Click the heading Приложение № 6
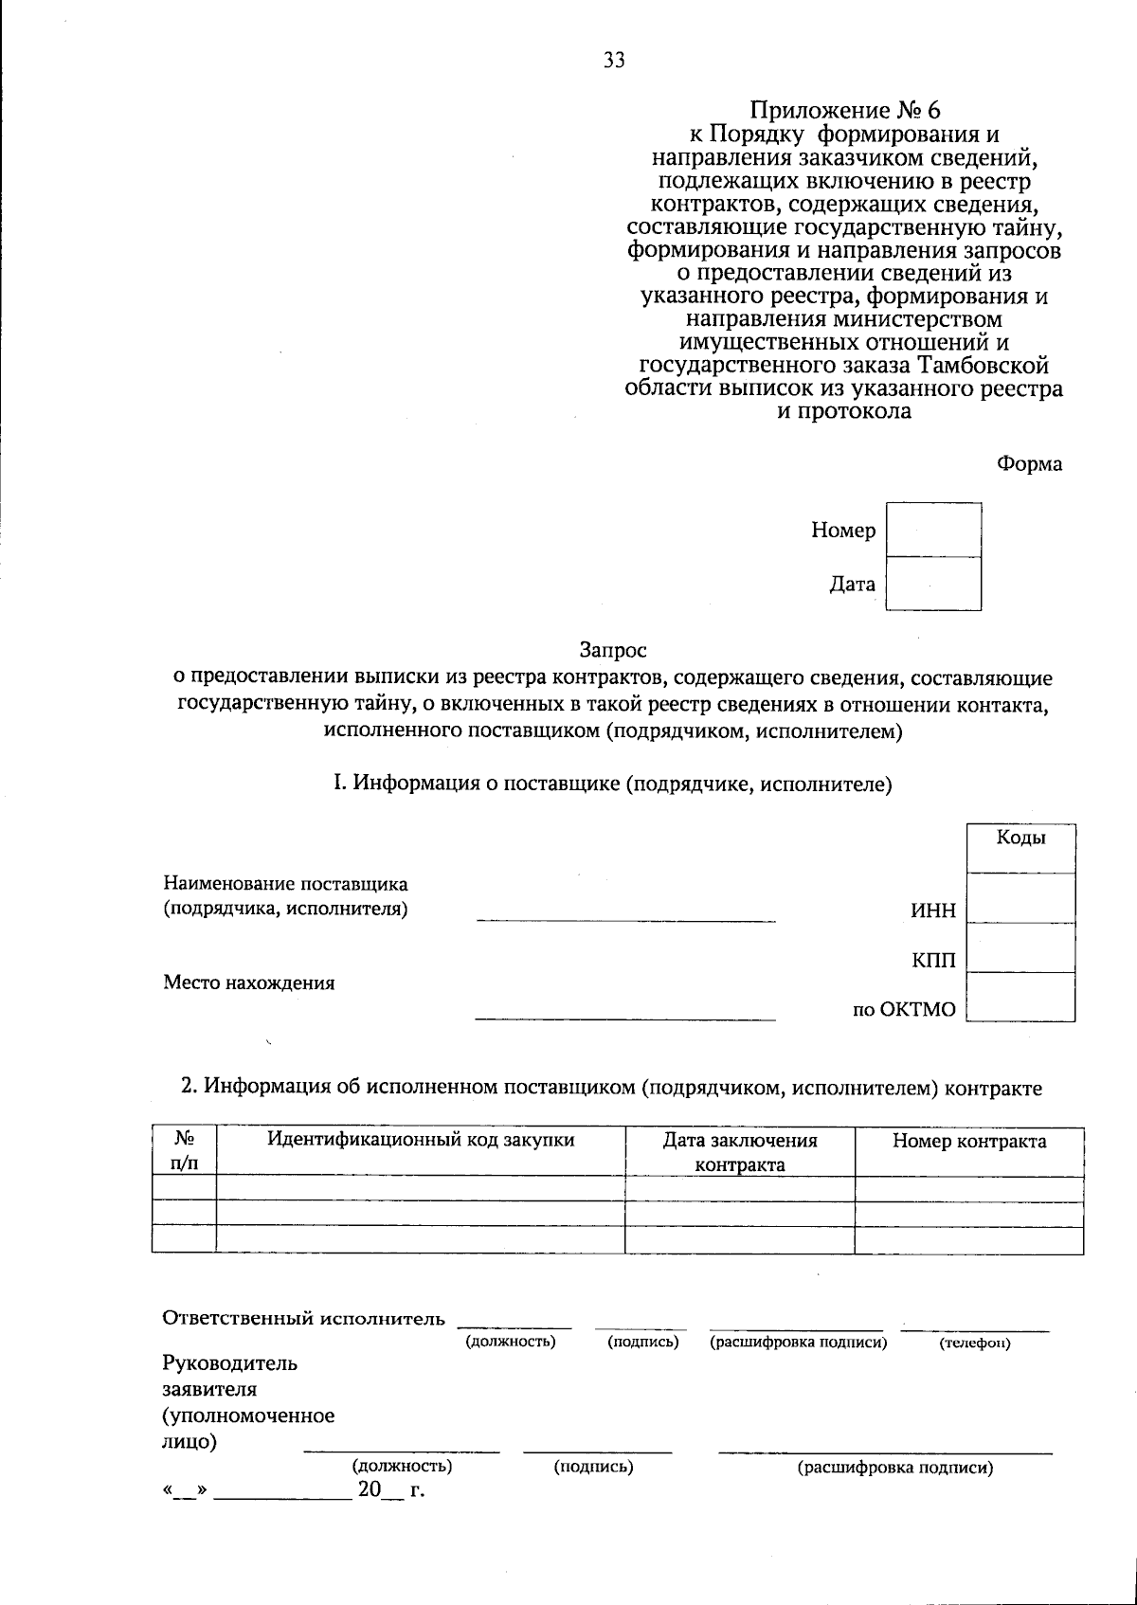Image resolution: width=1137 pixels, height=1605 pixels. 844,111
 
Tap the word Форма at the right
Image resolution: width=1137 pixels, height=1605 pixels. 1029,464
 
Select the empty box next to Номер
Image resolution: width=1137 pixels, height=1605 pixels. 933,530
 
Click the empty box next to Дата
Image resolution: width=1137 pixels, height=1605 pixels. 933,584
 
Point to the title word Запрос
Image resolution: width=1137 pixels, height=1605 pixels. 612,651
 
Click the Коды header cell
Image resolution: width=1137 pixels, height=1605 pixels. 1020,847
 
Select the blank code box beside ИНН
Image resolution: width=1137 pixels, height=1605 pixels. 1020,897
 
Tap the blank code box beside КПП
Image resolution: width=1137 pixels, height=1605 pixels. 1020,947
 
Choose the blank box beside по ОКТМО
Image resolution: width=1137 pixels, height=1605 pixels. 1020,997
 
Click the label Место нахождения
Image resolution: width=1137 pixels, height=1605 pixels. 248,983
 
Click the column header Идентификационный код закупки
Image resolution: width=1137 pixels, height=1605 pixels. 421,1140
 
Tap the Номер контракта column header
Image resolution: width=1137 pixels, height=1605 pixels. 968,1141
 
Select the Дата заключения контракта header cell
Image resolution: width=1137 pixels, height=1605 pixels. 739,1152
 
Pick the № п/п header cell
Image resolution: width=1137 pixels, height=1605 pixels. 184,1151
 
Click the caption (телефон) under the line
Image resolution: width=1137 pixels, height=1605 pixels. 974,1344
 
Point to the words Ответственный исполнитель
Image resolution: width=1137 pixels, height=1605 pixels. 303,1318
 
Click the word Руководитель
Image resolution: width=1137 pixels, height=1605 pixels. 229,1363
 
